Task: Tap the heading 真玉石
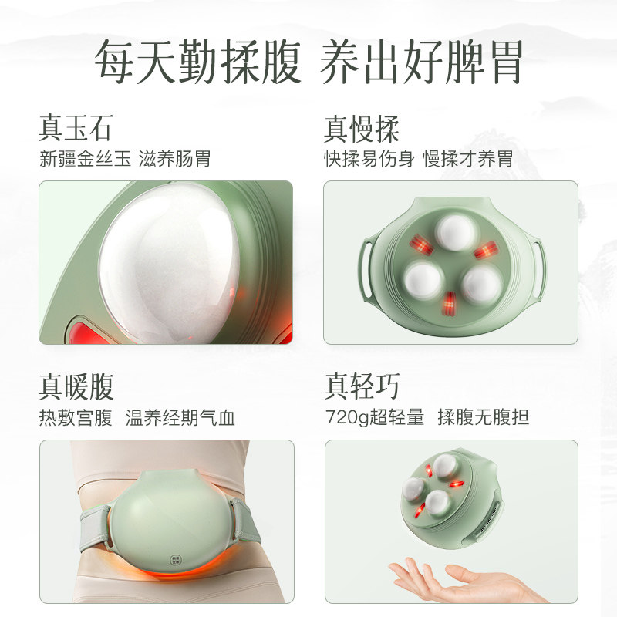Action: coord(75,128)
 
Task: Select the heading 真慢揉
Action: coord(362,128)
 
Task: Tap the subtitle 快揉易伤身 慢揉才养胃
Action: coord(418,160)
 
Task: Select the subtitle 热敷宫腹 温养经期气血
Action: coord(137,418)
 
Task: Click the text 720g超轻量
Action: coord(374,418)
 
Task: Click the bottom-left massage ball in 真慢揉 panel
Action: coord(422,277)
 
